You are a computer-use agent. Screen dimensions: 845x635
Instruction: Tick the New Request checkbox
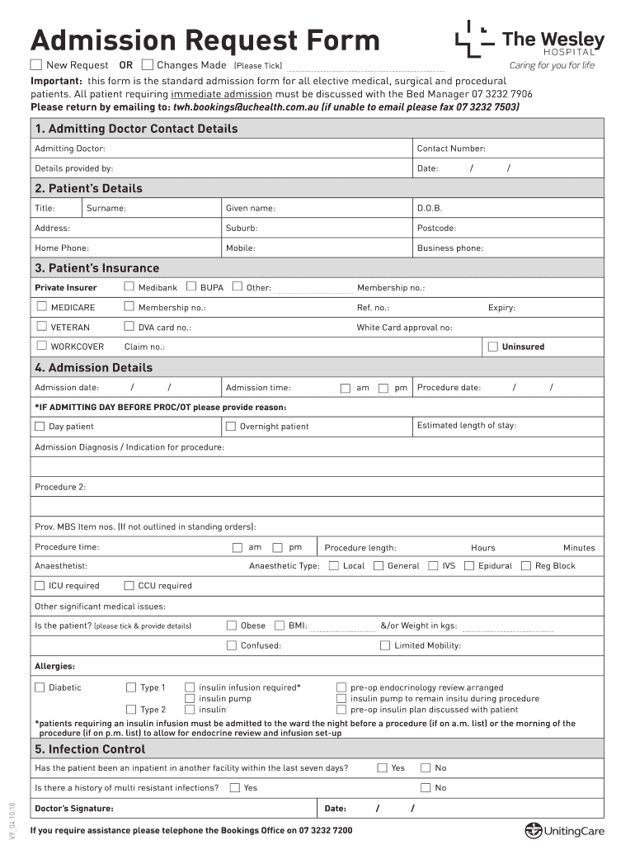click(x=36, y=64)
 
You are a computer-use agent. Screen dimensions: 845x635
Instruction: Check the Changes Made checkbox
click(x=148, y=64)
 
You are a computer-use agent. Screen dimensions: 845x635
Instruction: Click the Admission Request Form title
click(x=205, y=40)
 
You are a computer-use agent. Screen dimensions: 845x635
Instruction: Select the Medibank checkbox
click(x=129, y=287)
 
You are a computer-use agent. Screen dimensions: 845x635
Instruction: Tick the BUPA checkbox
click(x=191, y=287)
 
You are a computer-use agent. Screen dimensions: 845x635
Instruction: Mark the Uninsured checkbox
click(x=493, y=347)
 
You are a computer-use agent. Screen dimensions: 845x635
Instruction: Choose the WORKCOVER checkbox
click(x=41, y=347)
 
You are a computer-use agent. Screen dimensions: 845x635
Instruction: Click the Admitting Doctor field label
click(x=70, y=149)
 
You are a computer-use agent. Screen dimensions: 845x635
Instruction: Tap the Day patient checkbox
click(x=40, y=427)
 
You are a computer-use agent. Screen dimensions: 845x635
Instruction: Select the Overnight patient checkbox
click(x=231, y=427)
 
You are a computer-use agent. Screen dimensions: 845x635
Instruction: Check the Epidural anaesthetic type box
click(x=469, y=566)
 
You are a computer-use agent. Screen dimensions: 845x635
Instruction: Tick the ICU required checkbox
click(x=40, y=586)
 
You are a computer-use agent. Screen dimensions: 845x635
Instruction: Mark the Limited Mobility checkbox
click(x=385, y=645)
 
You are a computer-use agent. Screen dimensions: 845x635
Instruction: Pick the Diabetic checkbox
click(x=40, y=687)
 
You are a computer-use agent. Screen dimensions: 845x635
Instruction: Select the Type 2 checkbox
click(x=131, y=710)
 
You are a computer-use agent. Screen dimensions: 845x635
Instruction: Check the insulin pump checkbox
click(x=190, y=698)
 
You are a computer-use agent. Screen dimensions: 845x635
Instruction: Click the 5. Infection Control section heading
click(x=90, y=749)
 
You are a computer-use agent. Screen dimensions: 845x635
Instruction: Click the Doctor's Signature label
click(x=74, y=808)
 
